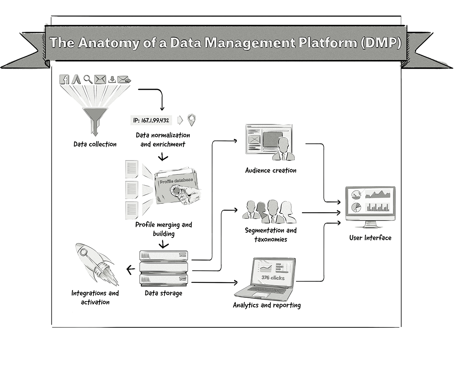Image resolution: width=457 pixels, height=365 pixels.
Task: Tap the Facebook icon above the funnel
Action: click(64, 79)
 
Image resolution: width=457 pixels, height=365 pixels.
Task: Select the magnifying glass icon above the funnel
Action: click(88, 79)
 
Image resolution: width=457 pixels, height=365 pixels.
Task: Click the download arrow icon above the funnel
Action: click(112, 79)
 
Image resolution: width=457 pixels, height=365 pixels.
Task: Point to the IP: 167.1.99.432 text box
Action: click(152, 121)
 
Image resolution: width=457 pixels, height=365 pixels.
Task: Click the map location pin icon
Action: click(193, 120)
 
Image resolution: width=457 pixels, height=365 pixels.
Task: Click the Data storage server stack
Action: click(164, 268)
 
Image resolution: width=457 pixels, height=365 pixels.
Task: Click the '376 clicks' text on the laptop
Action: click(273, 278)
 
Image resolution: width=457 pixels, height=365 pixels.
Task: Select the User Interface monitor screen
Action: click(370, 202)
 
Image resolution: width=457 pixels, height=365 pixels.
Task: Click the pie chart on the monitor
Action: click(356, 208)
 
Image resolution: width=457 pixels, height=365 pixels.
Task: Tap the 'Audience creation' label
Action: click(271, 170)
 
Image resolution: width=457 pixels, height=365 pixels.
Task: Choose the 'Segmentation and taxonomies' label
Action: click(271, 235)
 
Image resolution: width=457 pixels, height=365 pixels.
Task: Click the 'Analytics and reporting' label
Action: click(267, 305)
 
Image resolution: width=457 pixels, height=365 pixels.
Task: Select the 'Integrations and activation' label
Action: click(95, 298)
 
